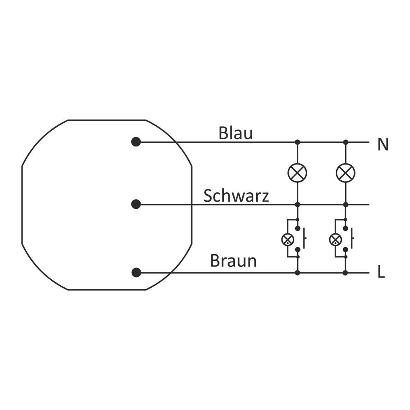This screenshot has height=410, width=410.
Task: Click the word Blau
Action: [x=235, y=133]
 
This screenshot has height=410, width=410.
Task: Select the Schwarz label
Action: [x=236, y=196]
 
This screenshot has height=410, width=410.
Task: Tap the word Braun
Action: [x=233, y=261]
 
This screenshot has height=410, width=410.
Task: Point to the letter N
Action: [x=383, y=145]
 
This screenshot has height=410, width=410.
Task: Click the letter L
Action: [x=381, y=273]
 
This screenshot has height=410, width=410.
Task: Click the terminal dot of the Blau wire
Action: [x=136, y=142]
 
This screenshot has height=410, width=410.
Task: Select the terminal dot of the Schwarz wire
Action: [x=136, y=204]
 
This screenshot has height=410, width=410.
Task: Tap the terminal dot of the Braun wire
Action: [x=136, y=273]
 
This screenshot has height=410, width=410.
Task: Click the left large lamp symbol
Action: [x=298, y=173]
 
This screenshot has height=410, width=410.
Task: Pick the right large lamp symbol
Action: [x=346, y=173]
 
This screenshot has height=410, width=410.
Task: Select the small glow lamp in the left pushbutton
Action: [x=288, y=239]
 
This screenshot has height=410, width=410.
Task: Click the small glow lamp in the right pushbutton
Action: [x=336, y=239]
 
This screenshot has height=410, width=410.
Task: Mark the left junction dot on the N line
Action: [x=298, y=142]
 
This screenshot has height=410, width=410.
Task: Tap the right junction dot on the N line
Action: [x=346, y=142]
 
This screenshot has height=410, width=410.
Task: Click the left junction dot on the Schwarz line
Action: [x=298, y=204]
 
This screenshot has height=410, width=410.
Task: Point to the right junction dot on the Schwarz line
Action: [x=346, y=204]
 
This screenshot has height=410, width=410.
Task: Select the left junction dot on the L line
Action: [x=298, y=273]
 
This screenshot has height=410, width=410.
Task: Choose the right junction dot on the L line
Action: [x=346, y=273]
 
